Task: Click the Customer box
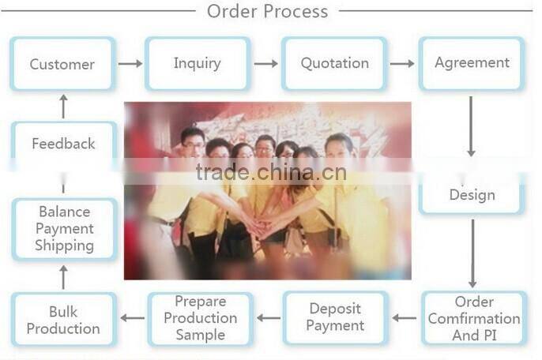pyautogui.click(x=62, y=64)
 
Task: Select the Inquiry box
pyautogui.click(x=198, y=63)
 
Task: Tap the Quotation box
pyautogui.click(x=334, y=63)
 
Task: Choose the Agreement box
pyautogui.click(x=472, y=63)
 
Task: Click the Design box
pyautogui.click(x=472, y=194)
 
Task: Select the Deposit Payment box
pyautogui.click(x=336, y=317)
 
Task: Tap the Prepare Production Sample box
pyautogui.click(x=201, y=317)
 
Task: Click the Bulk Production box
pyautogui.click(x=63, y=319)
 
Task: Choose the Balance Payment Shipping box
pyautogui.click(x=64, y=229)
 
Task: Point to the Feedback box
pyautogui.click(x=63, y=144)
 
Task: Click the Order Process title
pyautogui.click(x=267, y=11)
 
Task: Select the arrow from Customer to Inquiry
pyautogui.click(x=130, y=63)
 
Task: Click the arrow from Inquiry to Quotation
pyautogui.click(x=265, y=63)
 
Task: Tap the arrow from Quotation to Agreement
pyautogui.click(x=402, y=63)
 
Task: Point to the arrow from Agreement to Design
pyautogui.click(x=472, y=126)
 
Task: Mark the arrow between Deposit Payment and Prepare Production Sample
pyautogui.click(x=269, y=318)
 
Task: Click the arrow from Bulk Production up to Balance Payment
pyautogui.click(x=64, y=277)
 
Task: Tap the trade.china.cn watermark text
pyautogui.click(x=270, y=172)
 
